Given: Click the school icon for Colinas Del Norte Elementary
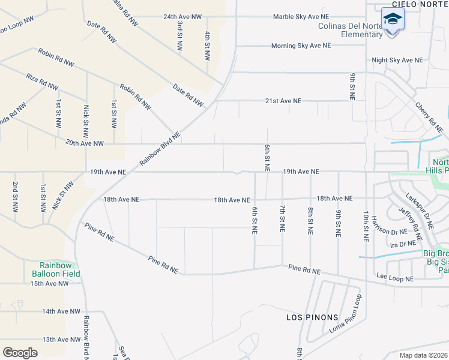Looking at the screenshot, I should [x=393, y=20].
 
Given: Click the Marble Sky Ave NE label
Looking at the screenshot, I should [x=301, y=17].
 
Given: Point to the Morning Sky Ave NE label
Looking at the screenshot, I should [x=301, y=46].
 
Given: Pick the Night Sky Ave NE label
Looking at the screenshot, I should [x=397, y=60].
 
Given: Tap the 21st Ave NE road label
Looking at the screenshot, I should [x=283, y=101].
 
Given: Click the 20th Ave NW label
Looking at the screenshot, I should [x=85, y=143].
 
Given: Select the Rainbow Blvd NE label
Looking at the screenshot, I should [x=160, y=149].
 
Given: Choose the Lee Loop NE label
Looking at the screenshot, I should [x=394, y=279].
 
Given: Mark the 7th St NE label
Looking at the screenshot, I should [x=282, y=219].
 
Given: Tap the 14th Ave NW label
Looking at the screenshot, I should [x=61, y=311].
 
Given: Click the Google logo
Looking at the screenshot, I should [x=20, y=352].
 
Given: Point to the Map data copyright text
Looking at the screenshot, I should [x=423, y=355].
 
